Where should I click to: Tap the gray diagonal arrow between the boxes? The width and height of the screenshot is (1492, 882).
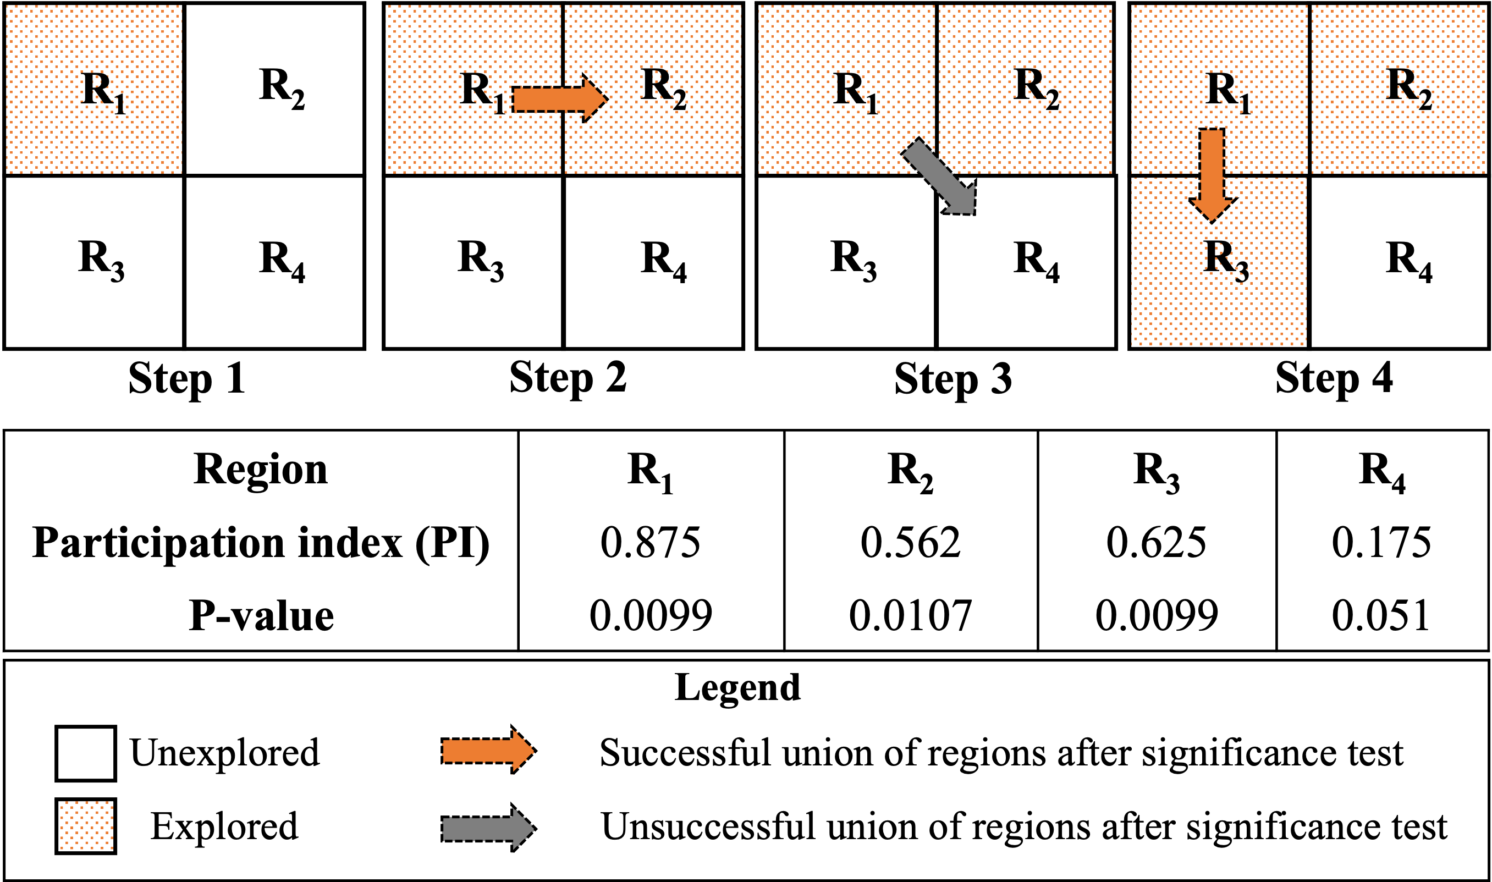(938, 176)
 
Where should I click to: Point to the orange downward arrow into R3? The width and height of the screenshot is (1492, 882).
(1212, 172)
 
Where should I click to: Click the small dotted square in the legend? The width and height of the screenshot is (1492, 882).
(86, 825)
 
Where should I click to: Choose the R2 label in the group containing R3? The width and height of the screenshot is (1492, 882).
(1408, 88)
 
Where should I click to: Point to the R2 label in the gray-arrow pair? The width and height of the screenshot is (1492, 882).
(1036, 88)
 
